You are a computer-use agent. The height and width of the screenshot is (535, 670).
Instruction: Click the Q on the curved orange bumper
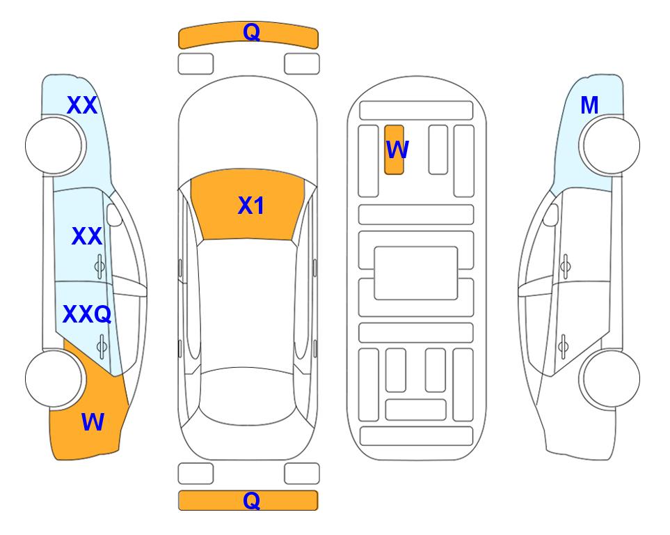251,32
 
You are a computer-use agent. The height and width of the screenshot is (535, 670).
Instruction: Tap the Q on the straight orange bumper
251,500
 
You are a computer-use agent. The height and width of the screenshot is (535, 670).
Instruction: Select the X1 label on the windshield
251,206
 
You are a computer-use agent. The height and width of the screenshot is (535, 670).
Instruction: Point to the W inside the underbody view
397,149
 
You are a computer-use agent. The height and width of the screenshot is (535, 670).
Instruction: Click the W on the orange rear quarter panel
93,422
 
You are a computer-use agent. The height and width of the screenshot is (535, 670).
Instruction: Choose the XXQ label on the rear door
87,314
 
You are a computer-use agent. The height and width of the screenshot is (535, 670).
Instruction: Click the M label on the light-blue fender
589,105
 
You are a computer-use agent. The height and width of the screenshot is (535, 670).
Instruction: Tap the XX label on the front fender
82,105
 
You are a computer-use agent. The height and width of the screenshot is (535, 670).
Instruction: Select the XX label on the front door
87,236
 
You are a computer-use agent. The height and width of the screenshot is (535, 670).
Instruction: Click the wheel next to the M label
609,146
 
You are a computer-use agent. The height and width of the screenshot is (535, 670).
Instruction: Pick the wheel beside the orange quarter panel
55,378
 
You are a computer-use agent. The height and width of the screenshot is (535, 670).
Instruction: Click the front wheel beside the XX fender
55,146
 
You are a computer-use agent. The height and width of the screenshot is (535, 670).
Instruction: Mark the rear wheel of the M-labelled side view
609,378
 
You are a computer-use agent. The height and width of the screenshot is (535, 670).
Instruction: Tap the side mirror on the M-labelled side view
550,215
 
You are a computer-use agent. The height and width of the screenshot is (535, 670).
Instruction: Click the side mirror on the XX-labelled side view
114,215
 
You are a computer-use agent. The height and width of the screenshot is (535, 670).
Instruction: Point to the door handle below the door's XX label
99,266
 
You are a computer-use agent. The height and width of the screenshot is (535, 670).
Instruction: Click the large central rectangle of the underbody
416,273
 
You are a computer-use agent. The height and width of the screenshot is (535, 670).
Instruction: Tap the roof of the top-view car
247,304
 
